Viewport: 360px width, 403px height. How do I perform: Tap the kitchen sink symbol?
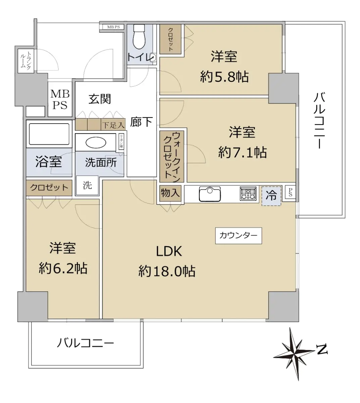210,194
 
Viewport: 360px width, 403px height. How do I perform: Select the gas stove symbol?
248,193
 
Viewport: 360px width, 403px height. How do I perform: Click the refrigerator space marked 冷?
271,196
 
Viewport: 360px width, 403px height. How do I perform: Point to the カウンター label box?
239,236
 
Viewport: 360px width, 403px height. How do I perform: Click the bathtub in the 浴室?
49,134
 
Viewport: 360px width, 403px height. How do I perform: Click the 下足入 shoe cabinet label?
113,125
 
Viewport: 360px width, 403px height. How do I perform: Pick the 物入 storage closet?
170,193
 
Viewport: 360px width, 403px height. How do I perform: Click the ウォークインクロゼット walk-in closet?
172,156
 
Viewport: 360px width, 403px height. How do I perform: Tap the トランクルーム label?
26,61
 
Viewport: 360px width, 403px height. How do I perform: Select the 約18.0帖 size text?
167,271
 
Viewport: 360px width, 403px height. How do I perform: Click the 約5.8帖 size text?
224,77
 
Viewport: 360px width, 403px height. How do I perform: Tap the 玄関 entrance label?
100,99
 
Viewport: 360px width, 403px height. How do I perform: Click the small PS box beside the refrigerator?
290,192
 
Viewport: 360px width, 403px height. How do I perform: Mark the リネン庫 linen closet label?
121,141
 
